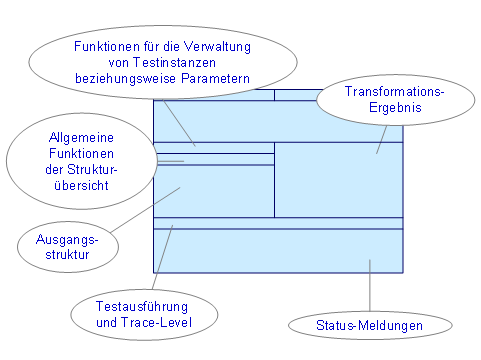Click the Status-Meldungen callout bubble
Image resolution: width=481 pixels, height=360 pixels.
point(369,326)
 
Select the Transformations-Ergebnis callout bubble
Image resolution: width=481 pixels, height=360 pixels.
point(379,99)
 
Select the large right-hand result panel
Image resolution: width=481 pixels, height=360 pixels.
point(338,180)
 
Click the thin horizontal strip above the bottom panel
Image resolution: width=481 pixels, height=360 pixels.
point(277,223)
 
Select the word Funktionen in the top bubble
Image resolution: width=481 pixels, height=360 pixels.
point(109,46)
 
